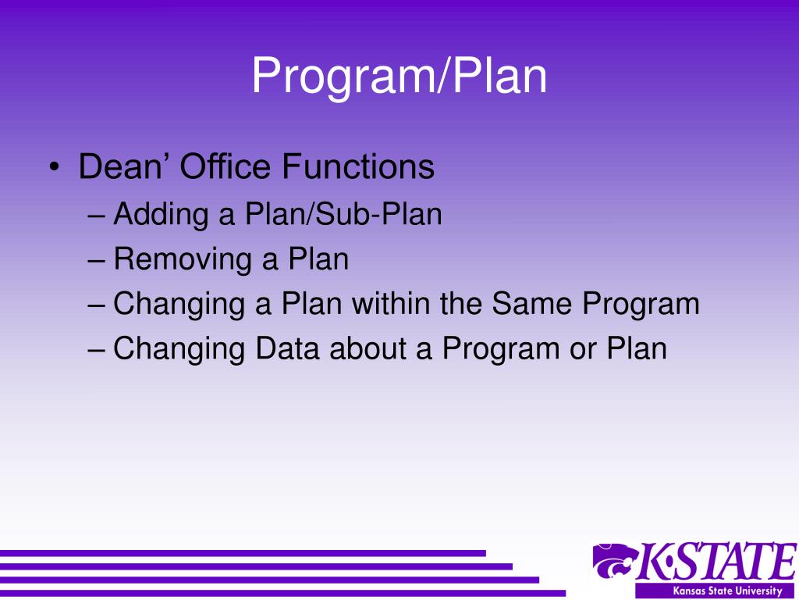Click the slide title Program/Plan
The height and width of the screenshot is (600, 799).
tap(399, 77)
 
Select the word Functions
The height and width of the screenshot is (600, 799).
tap(358, 166)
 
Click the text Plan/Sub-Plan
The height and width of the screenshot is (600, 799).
tap(346, 213)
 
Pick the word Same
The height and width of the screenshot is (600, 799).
tap(531, 304)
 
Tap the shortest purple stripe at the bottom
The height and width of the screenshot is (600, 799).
tap(243, 553)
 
